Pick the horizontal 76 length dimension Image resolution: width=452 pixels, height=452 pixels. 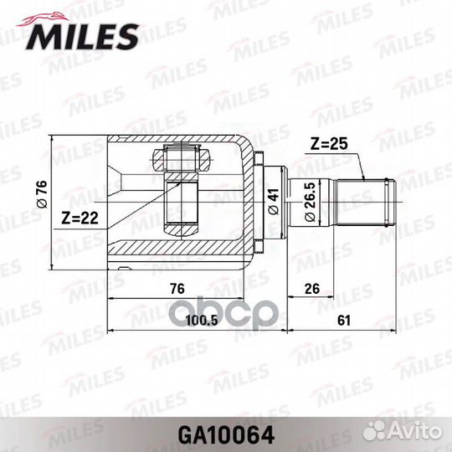[x=177, y=289]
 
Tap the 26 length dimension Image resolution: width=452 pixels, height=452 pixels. [x=312, y=289]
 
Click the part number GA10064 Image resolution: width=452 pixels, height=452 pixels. [x=225, y=436]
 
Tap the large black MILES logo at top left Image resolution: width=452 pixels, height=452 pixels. [x=84, y=36]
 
